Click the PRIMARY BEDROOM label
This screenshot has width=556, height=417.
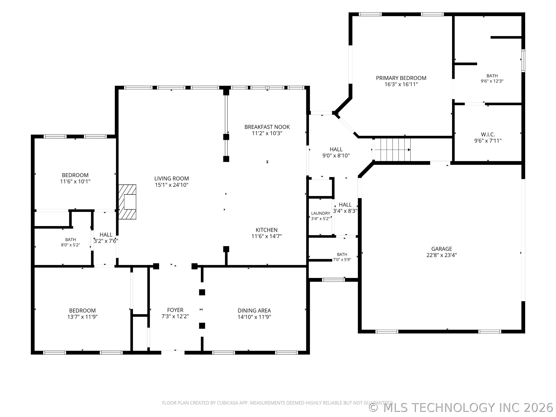(401, 78)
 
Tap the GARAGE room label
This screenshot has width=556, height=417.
(442, 249)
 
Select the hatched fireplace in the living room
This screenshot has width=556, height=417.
(127, 202)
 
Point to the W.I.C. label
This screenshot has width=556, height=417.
(488, 135)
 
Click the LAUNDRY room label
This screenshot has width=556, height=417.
(320, 213)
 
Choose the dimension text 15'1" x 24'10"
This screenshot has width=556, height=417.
(172, 185)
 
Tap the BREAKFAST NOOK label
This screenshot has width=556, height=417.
(267, 127)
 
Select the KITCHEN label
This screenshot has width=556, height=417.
(266, 230)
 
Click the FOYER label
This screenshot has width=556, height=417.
(175, 310)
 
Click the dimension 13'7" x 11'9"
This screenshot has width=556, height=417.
(82, 317)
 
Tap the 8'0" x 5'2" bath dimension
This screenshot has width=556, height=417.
(70, 245)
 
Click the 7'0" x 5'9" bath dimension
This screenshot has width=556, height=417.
(342, 260)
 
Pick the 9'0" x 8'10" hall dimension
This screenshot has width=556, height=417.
(336, 156)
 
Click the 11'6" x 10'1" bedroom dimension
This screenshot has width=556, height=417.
(75, 181)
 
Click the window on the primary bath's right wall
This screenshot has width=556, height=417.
(523, 61)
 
